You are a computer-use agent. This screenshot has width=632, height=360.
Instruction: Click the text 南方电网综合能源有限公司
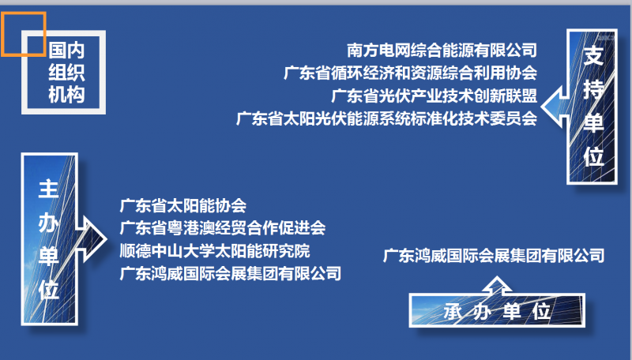(442, 51)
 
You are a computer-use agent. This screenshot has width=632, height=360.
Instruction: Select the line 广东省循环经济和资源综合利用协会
(410, 73)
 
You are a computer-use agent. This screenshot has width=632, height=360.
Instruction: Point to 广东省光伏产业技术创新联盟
(434, 96)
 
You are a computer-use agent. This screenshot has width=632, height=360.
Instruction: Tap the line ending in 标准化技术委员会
(386, 118)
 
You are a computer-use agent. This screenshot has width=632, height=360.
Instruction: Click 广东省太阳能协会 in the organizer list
(183, 205)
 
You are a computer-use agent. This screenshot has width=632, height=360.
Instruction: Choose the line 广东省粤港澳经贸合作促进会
(223, 228)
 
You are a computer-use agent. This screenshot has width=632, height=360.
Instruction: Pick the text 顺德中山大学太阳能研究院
(215, 251)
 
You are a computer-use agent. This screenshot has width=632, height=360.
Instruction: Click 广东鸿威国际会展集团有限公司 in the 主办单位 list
(231, 273)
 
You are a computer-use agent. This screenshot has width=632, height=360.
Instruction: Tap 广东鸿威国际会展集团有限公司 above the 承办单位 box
(494, 256)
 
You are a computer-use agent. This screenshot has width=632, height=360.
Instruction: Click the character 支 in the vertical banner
(593, 55)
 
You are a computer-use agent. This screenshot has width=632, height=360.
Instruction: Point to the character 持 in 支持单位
(593, 89)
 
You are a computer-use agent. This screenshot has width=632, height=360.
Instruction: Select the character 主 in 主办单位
(49, 189)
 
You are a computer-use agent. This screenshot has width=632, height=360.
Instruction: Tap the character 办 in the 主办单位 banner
(49, 223)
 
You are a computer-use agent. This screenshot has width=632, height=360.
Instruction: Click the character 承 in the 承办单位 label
(453, 311)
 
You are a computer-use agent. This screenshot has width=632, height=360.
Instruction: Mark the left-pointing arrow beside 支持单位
(555, 107)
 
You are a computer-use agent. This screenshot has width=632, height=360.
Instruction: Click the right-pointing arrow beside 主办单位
(92, 239)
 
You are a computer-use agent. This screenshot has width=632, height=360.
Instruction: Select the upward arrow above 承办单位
(497, 285)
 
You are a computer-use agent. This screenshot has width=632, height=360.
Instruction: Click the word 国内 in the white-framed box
(66, 51)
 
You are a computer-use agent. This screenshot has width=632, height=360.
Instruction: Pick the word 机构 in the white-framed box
(66, 95)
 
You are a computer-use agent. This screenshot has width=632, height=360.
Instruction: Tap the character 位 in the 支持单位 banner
(593, 156)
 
